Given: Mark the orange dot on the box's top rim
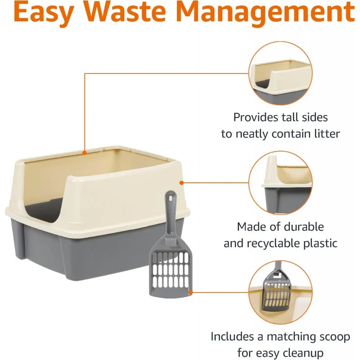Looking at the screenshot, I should coord(85,153).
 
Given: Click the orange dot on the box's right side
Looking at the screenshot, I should coord(182,183).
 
